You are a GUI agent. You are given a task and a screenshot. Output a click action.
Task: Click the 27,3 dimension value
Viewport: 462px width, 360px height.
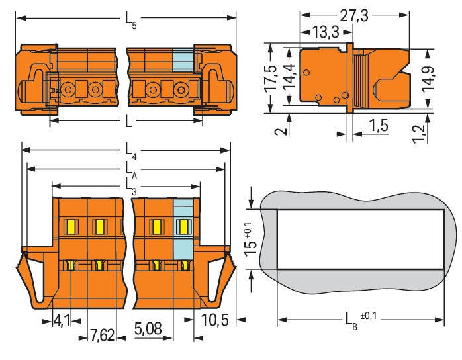tap(354, 16)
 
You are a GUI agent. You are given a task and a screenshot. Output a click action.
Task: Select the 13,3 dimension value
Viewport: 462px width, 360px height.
tap(326, 32)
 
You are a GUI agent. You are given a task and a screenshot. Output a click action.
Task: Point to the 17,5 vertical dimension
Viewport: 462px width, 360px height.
tap(271, 78)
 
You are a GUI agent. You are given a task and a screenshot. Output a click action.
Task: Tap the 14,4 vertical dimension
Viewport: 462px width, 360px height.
tap(289, 76)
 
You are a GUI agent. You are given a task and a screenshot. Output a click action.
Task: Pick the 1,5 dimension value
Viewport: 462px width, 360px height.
tap(379, 126)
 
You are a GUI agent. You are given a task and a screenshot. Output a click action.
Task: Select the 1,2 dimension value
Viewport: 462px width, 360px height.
tap(419, 134)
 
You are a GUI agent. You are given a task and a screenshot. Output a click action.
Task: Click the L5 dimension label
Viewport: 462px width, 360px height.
tap(131, 20)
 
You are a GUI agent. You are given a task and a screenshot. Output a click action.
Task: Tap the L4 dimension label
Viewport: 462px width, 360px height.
tap(131, 150)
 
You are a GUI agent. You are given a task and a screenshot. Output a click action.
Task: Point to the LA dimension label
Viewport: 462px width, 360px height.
tap(131, 170)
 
